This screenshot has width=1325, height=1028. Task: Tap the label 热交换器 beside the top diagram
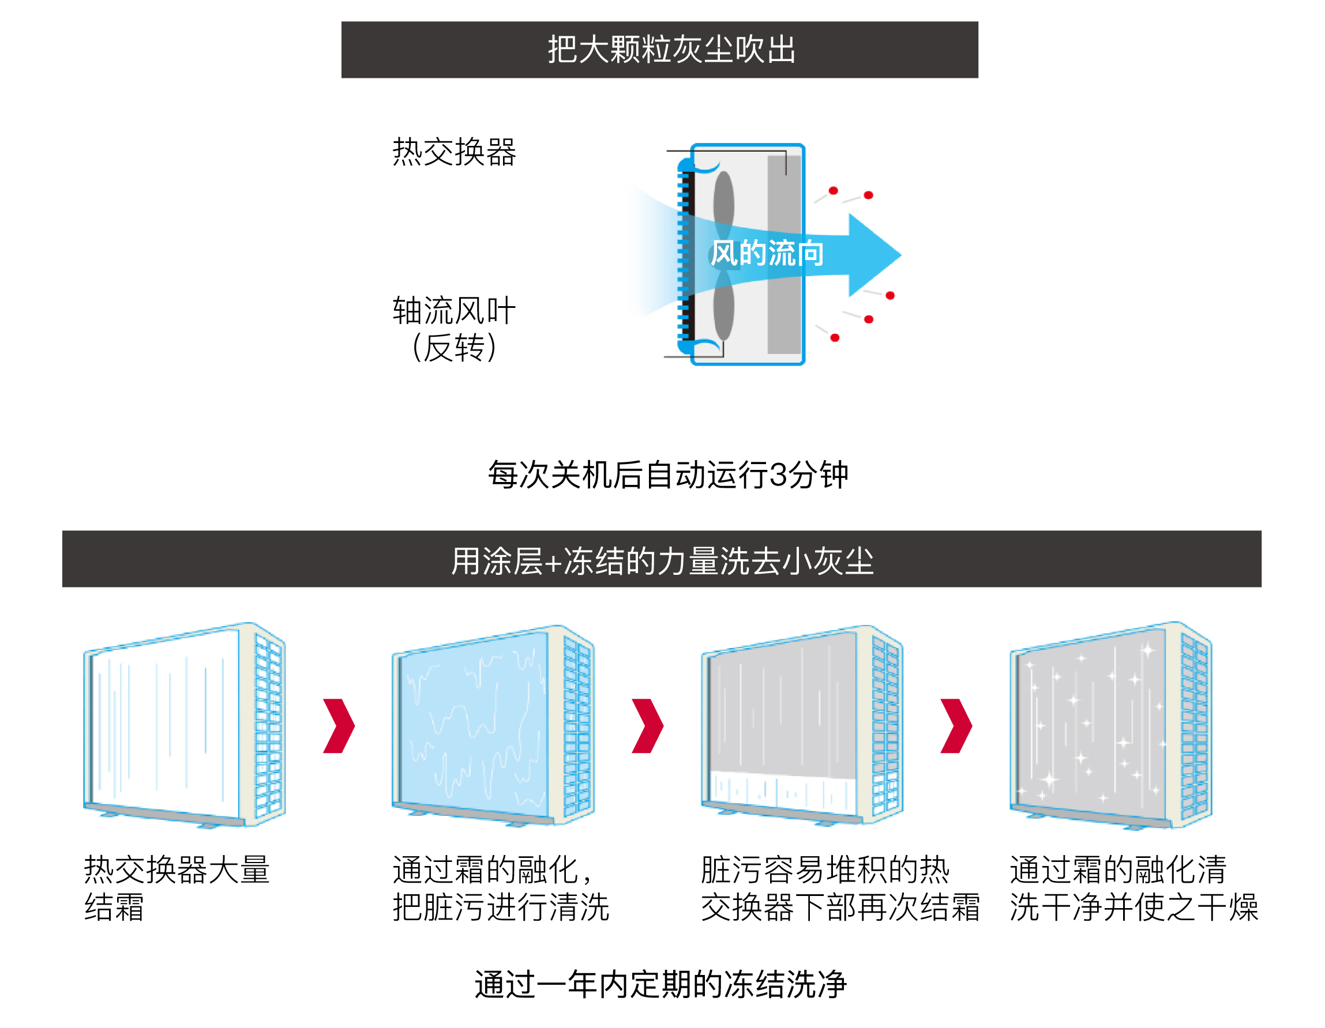point(454,152)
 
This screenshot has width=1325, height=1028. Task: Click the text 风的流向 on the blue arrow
point(767,253)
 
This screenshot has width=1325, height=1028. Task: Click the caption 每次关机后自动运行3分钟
point(667,475)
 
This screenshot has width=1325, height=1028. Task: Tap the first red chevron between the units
point(339,725)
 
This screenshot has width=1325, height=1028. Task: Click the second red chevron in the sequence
point(648,725)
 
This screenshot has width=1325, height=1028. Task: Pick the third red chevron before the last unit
point(957,725)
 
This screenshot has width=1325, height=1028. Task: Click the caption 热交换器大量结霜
point(176,888)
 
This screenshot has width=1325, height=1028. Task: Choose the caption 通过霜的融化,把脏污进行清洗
point(501,888)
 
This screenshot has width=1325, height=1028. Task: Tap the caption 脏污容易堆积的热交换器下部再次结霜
point(840,888)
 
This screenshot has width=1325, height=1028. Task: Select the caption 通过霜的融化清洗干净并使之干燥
point(1133,888)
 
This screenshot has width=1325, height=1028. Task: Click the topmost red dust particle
point(834,190)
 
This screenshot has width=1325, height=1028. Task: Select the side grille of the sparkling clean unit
point(1194,725)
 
